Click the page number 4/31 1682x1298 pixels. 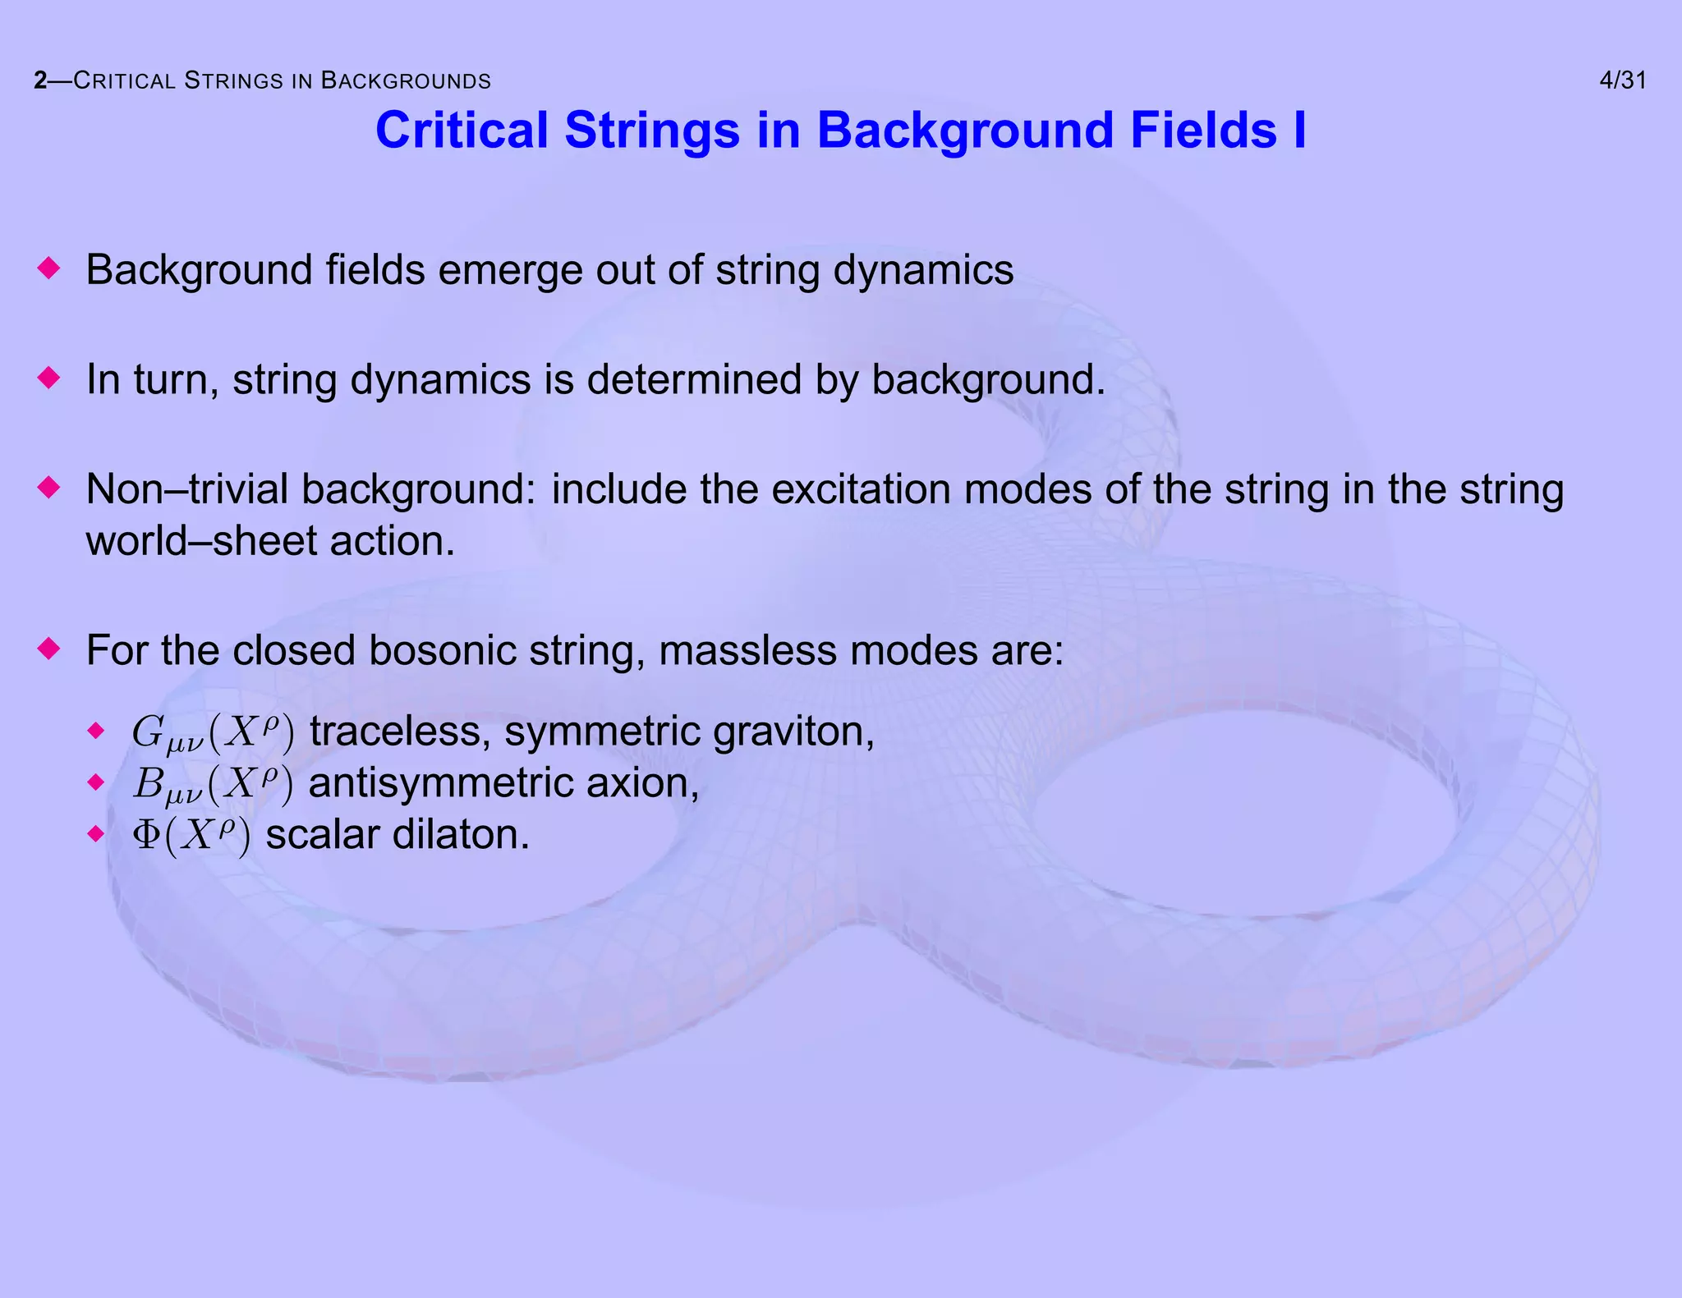1622,80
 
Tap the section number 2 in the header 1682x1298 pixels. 40,80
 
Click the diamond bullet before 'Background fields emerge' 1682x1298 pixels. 50,268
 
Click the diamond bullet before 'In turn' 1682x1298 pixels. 50,378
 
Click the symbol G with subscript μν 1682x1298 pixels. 149,732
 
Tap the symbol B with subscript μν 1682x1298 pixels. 149,783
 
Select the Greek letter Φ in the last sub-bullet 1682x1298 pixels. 146,835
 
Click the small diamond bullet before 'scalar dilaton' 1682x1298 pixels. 97,834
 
